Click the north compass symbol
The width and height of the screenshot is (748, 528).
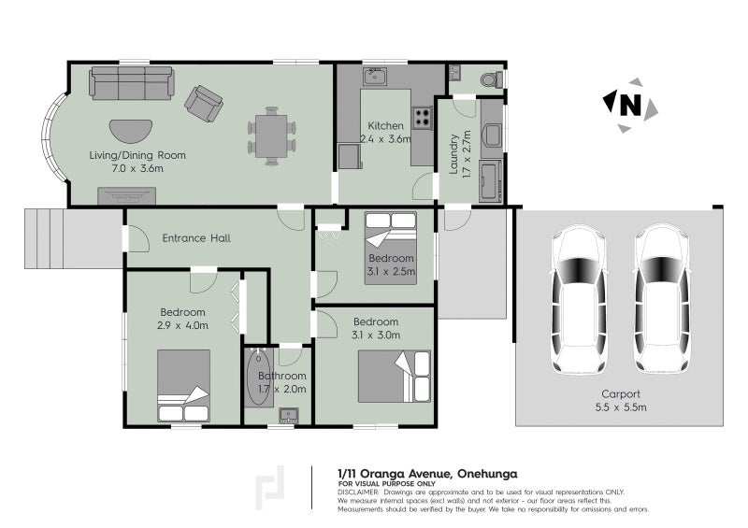pos(628,104)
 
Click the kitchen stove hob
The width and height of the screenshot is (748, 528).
pos(423,118)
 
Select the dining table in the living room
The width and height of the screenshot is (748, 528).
pos(271,136)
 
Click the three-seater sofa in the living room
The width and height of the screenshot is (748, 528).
pos(132,84)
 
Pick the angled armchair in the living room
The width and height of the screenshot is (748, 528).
pos(202,101)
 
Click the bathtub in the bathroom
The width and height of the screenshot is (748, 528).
pos(258,377)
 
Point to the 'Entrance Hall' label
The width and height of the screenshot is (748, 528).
pos(196,238)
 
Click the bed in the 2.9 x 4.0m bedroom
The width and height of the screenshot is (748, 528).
pos(183,387)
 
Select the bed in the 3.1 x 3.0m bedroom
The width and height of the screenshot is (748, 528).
pos(394,376)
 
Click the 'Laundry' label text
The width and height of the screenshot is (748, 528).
pos(453,155)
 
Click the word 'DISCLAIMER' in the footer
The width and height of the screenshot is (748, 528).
pos(358,492)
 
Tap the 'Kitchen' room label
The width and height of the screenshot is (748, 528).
pos(385,126)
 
